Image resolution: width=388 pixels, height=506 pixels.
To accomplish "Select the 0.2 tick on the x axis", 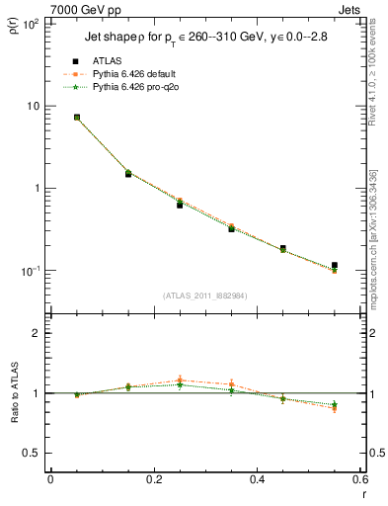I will pyautogui.click(x=153, y=480).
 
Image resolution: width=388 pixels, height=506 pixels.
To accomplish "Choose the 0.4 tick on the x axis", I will pyautogui.click(x=257, y=480).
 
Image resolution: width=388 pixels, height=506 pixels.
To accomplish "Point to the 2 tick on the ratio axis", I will pyautogui.click(x=37, y=333).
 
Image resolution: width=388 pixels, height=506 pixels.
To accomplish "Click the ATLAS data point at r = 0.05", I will pyautogui.click(x=77, y=118).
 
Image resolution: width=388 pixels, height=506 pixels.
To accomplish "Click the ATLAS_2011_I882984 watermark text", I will pyautogui.click(x=205, y=295).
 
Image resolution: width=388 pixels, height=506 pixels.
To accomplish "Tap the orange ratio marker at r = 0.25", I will pyautogui.click(x=180, y=380).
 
